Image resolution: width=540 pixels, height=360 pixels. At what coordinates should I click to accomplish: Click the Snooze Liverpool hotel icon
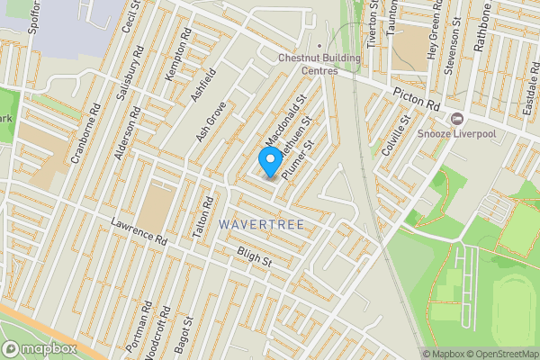point(457,119)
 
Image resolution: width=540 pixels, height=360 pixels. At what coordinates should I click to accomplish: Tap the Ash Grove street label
point(211,121)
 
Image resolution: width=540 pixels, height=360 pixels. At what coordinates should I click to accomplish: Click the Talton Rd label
point(204,217)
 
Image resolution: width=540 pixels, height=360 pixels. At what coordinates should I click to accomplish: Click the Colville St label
point(395,135)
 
